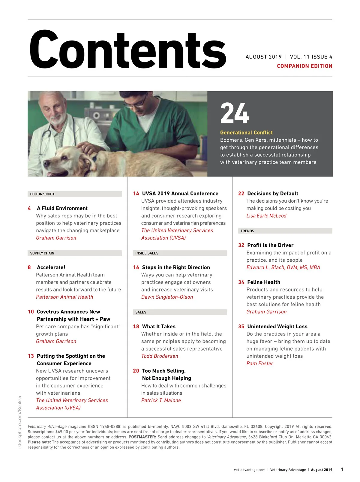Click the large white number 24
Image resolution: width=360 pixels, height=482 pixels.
(234, 113)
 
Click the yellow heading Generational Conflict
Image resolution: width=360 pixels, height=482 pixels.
(246, 132)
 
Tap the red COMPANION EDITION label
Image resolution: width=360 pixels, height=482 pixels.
(304, 66)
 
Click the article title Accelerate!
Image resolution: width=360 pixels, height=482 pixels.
(51, 267)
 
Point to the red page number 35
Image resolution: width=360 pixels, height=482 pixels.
(241, 327)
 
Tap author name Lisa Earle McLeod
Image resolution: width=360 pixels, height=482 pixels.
(266, 216)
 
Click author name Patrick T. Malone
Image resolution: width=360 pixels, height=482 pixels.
(161, 400)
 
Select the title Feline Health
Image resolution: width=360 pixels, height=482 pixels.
(263, 282)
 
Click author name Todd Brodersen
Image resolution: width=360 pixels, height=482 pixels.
(160, 356)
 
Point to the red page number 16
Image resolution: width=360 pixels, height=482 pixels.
(136, 267)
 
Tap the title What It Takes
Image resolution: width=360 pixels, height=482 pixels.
(159, 327)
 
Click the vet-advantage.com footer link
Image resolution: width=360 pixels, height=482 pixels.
(250, 470)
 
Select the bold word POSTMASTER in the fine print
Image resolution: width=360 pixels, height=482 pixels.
(142, 437)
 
